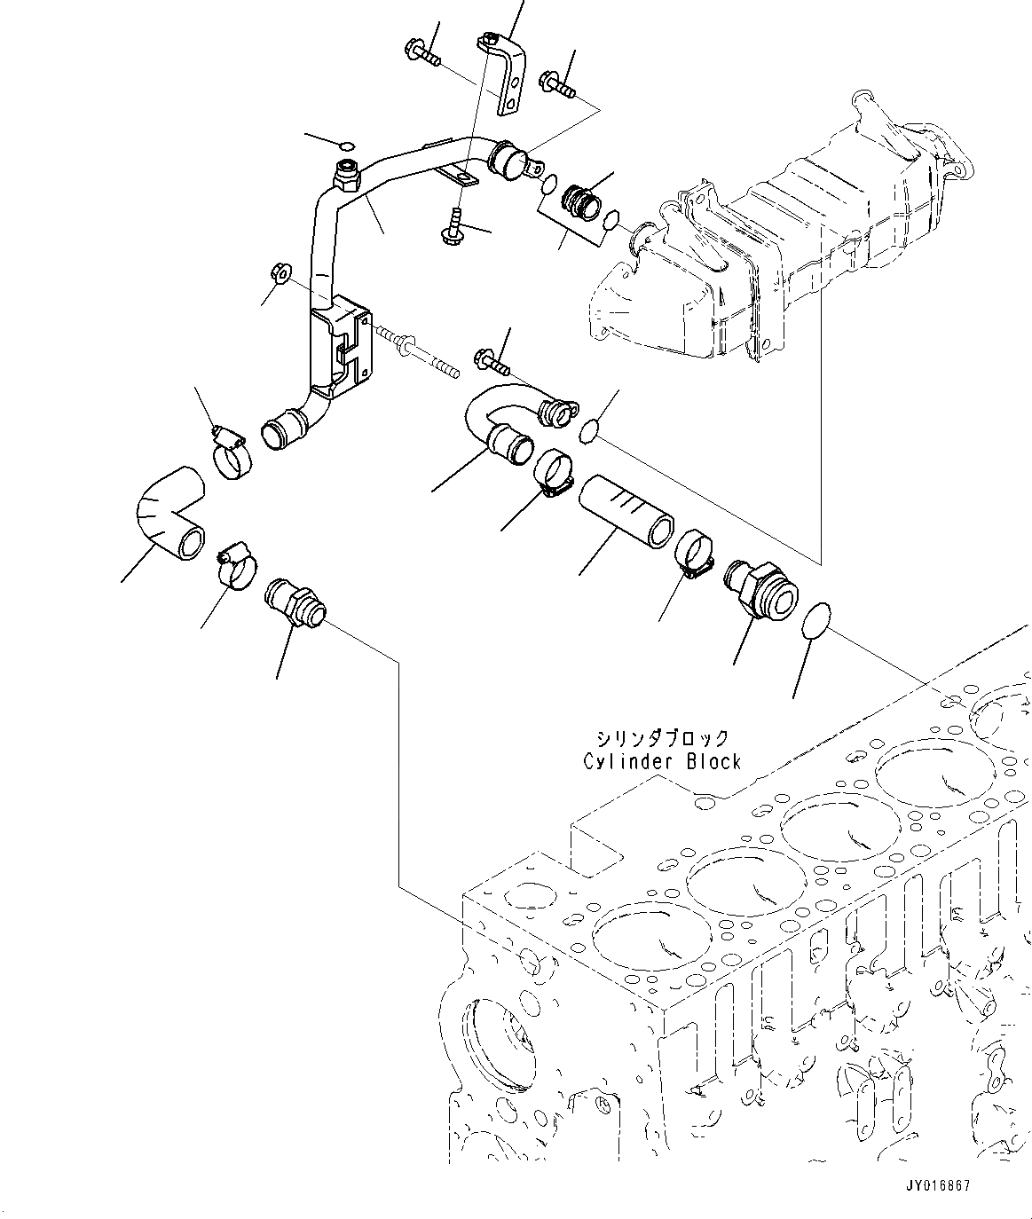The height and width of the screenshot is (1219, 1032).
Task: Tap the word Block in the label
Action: (x=713, y=761)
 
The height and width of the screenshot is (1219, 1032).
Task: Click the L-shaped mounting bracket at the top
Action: (x=507, y=71)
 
